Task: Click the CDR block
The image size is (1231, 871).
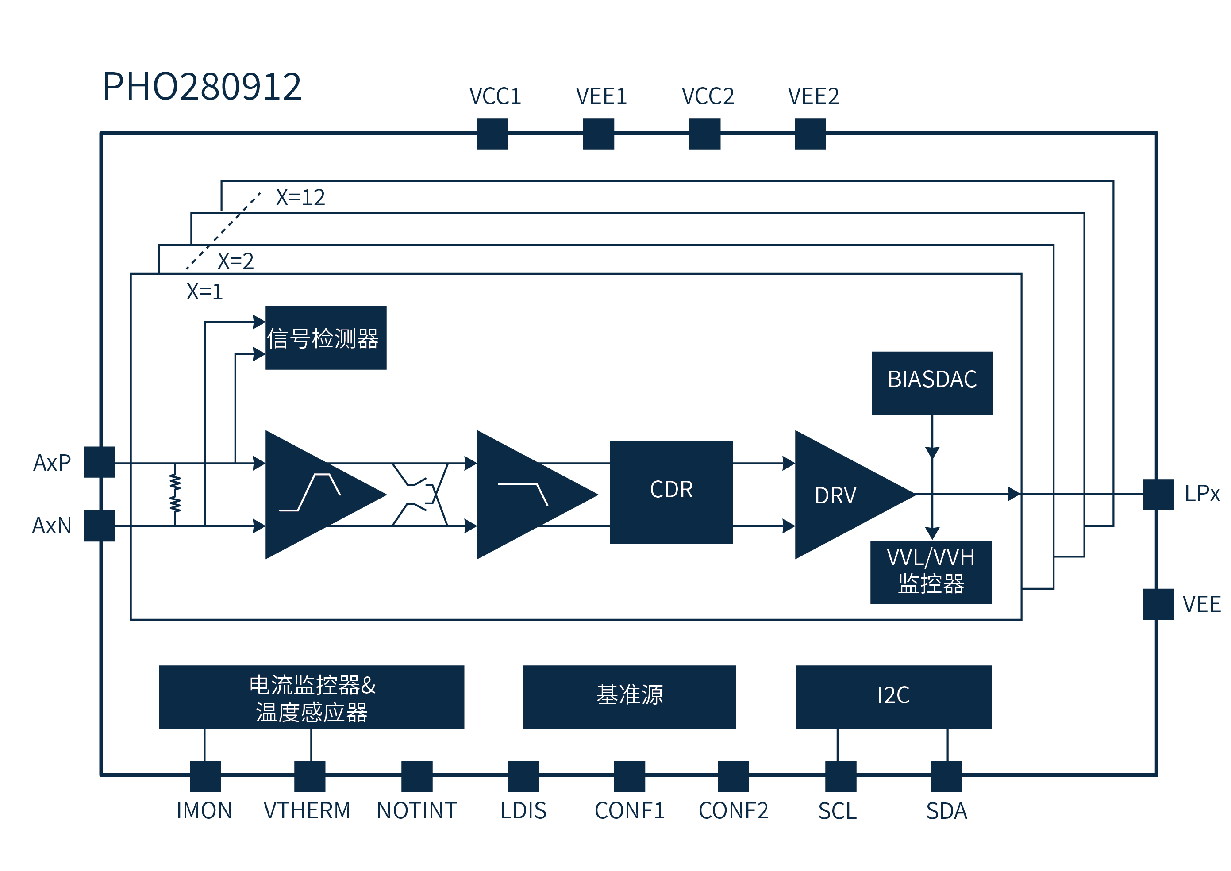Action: (x=671, y=492)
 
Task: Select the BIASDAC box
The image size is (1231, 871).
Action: (x=932, y=383)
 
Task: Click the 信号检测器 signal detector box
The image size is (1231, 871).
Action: (x=326, y=338)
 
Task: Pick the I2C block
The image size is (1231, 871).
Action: (x=893, y=697)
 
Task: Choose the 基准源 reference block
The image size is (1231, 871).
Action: (x=629, y=697)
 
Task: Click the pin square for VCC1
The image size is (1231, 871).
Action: (x=492, y=134)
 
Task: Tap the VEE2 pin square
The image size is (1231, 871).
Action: (x=810, y=134)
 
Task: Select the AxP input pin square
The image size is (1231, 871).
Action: (x=99, y=462)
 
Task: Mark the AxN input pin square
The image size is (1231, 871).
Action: (x=99, y=526)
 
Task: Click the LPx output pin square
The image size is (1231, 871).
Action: (x=1158, y=494)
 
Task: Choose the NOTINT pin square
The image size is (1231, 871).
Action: (x=417, y=776)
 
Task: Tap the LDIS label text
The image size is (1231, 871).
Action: (x=523, y=810)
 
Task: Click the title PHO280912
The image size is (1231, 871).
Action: (x=202, y=86)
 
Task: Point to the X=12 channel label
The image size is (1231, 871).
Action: (x=300, y=197)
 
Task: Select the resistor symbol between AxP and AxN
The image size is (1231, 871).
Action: (x=175, y=493)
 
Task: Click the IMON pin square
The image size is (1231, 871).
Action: (x=205, y=776)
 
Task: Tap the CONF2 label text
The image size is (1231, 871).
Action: (x=733, y=810)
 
